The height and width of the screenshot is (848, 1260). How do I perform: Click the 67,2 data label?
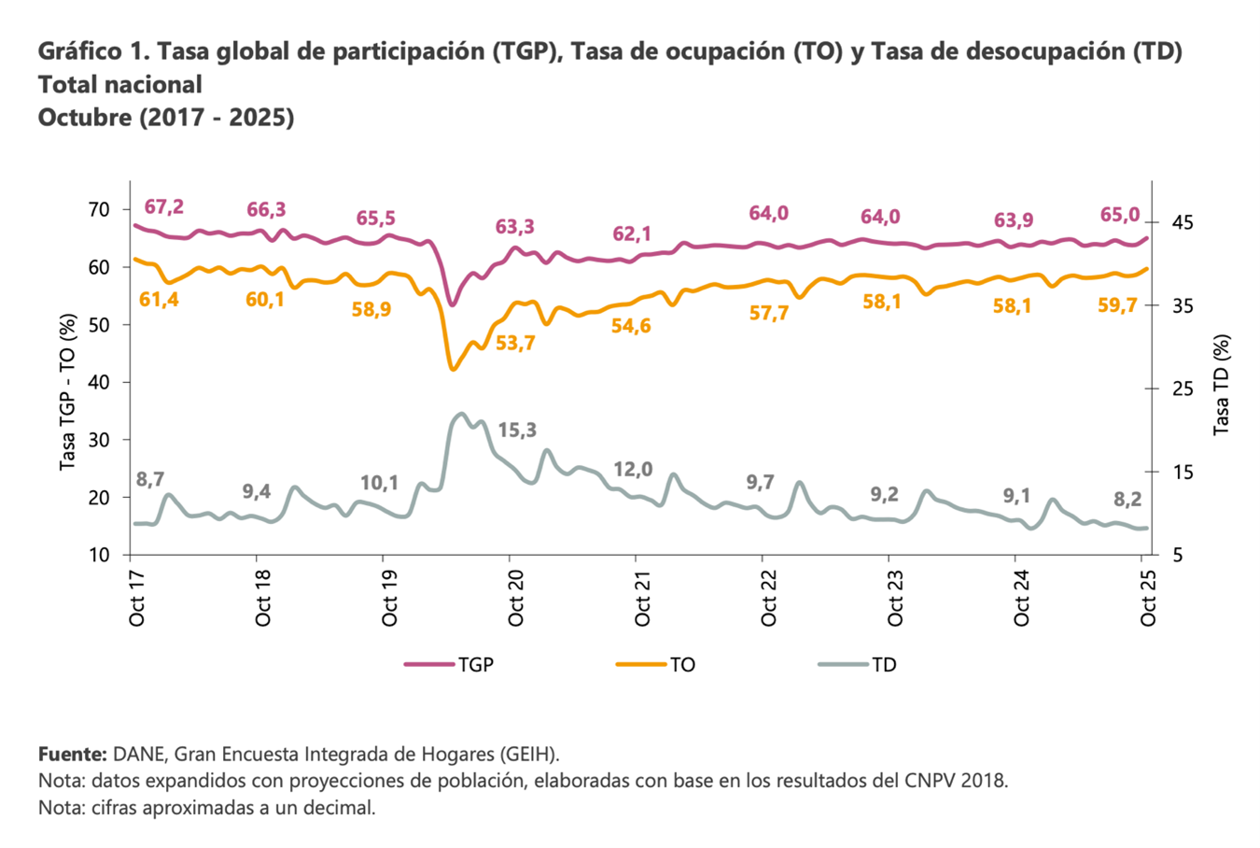tap(163, 206)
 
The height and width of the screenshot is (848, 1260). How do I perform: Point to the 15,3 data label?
tap(517, 431)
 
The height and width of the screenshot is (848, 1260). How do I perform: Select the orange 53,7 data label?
tap(515, 344)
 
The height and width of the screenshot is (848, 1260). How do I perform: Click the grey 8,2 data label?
tap(1127, 500)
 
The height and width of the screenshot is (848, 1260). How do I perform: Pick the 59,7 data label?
tap(1117, 304)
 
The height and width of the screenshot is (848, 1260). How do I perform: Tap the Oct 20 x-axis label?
tap(516, 599)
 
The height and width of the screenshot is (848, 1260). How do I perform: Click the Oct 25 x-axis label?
tap(1148, 599)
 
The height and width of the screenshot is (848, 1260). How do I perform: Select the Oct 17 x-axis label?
tap(137, 599)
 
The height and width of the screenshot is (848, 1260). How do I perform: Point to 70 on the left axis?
tap(98, 209)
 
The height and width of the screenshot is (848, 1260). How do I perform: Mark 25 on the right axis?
tap(1180, 389)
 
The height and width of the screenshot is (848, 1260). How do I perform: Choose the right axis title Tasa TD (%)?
tap(1221, 385)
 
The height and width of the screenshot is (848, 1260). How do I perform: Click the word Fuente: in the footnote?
tap(73, 754)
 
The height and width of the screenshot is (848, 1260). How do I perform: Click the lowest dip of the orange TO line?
tap(454, 369)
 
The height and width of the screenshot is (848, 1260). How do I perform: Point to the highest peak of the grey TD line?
tap(461, 414)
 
